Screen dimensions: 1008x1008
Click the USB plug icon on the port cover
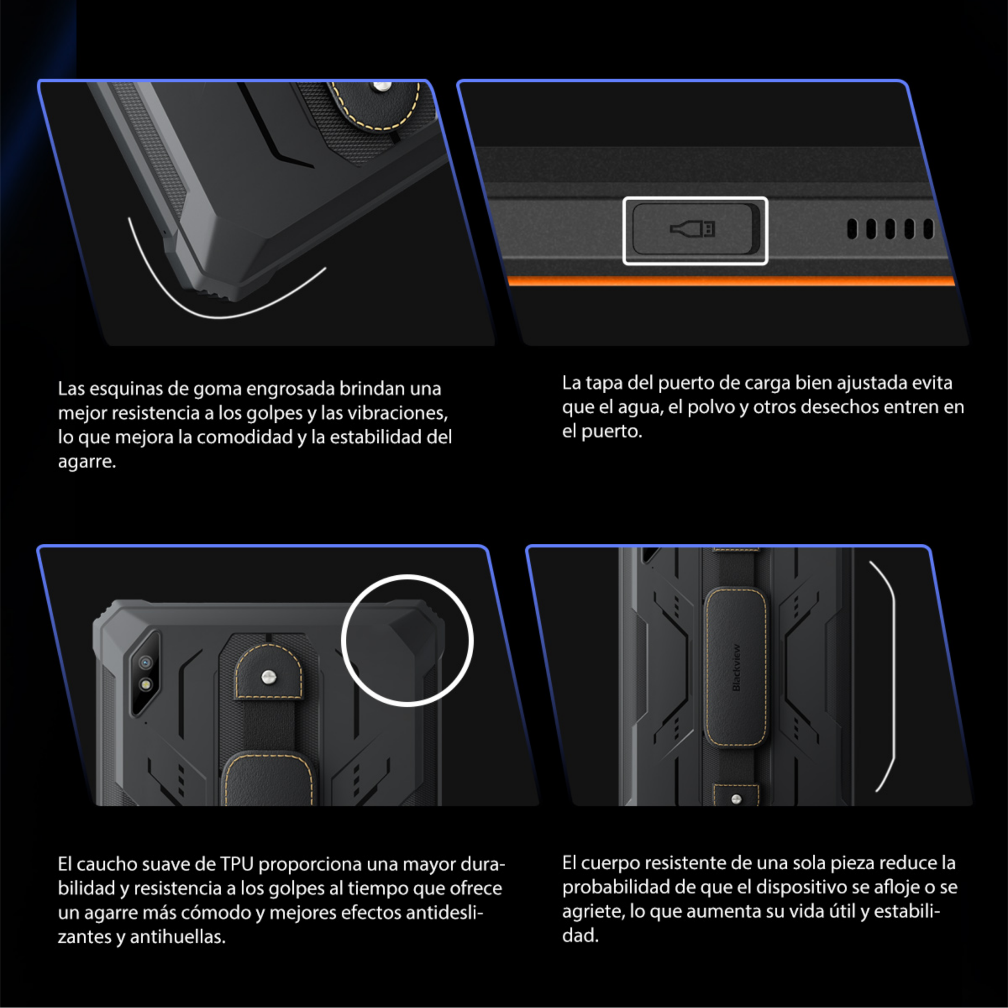coord(692,228)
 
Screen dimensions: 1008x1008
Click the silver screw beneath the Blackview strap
coord(736,798)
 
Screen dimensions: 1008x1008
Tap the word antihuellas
coord(178,937)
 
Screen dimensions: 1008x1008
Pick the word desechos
coord(839,407)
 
